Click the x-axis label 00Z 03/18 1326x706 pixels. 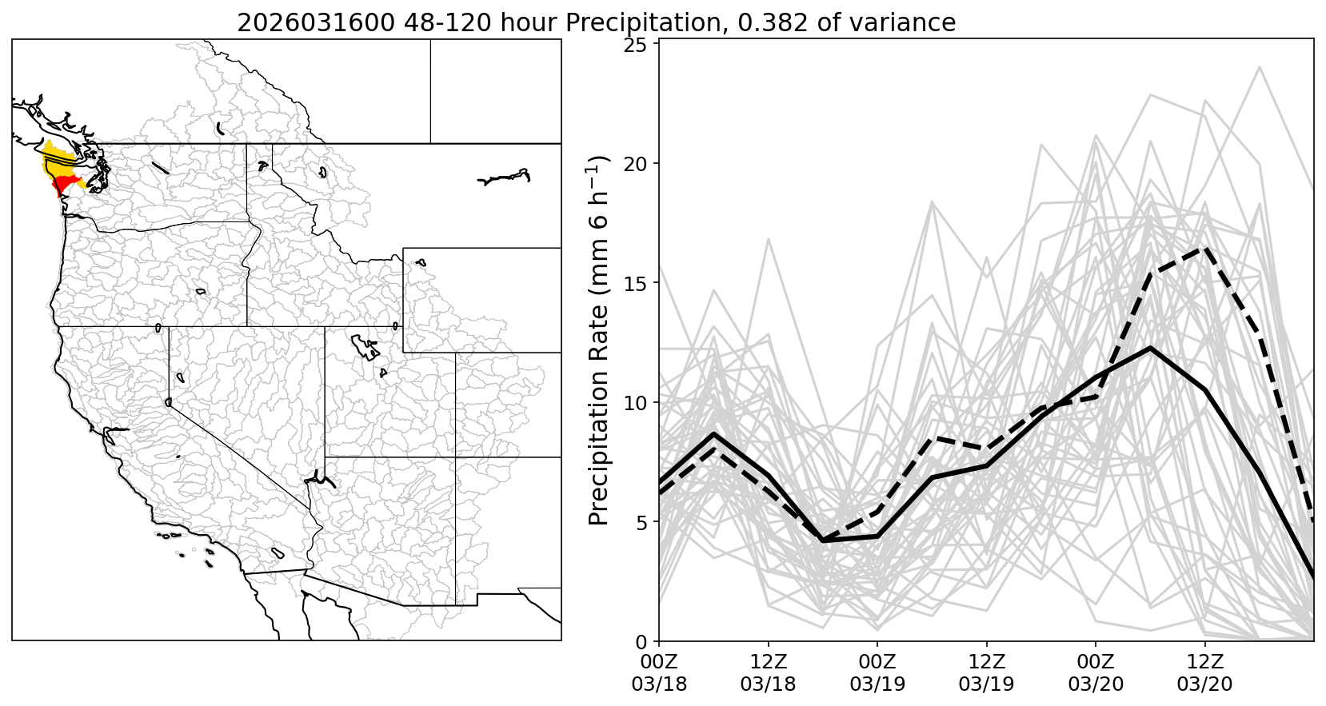[659, 673]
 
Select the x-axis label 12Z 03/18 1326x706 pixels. [768, 673]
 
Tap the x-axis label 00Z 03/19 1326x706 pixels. [877, 673]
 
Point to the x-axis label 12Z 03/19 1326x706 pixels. [987, 673]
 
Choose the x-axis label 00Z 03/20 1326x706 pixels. [1096, 673]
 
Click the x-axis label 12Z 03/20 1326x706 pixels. [1205, 673]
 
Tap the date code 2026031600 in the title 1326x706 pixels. [316, 22]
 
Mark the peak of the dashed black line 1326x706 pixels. [1204, 248]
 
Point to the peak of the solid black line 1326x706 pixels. [1150, 348]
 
